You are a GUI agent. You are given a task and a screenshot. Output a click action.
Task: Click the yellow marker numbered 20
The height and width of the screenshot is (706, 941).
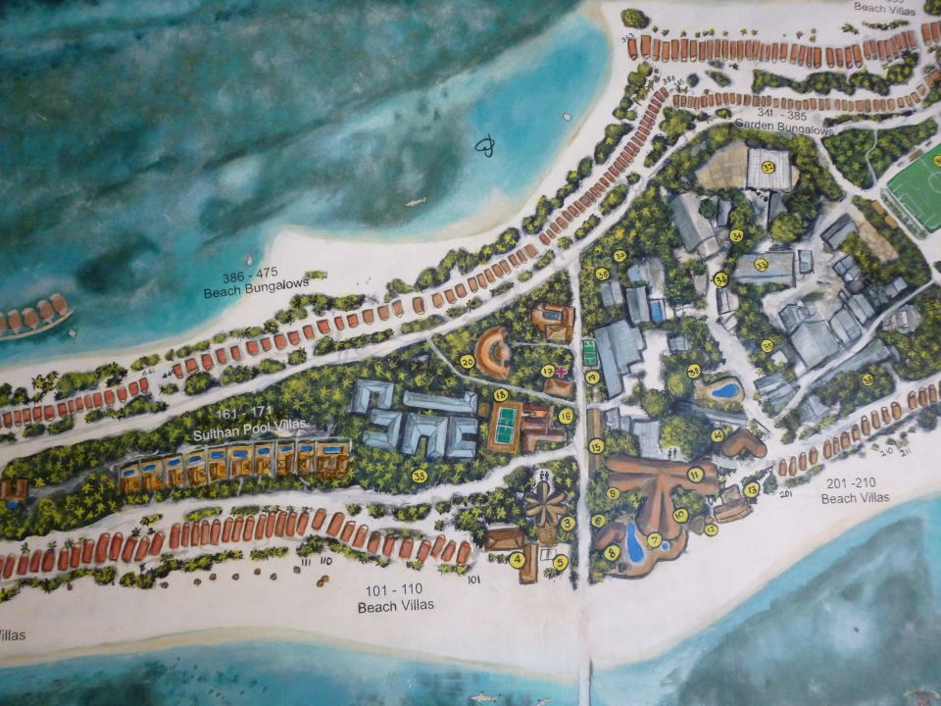468,362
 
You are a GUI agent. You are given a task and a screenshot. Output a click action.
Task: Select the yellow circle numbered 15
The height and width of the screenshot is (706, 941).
596,446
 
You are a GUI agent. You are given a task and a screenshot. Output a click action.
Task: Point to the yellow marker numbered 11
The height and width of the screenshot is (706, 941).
694,474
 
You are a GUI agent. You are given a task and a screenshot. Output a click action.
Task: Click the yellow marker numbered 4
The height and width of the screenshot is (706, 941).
516,560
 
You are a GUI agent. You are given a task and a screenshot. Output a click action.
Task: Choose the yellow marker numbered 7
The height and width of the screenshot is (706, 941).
654,538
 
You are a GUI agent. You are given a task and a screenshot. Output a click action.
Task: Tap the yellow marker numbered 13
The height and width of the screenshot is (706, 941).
752,488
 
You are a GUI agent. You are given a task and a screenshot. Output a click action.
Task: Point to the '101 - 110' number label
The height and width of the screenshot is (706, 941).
389,590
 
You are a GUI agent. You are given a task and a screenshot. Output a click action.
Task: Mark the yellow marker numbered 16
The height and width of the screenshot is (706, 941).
566,416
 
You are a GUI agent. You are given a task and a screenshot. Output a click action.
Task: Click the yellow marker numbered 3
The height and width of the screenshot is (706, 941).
568,524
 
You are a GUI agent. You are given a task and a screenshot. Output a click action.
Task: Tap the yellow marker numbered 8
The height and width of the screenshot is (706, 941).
613,552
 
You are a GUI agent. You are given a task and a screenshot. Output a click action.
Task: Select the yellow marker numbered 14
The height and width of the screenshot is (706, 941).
718,435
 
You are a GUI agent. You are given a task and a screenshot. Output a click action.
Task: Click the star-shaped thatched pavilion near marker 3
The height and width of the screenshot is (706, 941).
545,505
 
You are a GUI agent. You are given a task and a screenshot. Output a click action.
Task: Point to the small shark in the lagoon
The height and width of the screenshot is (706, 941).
416,202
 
